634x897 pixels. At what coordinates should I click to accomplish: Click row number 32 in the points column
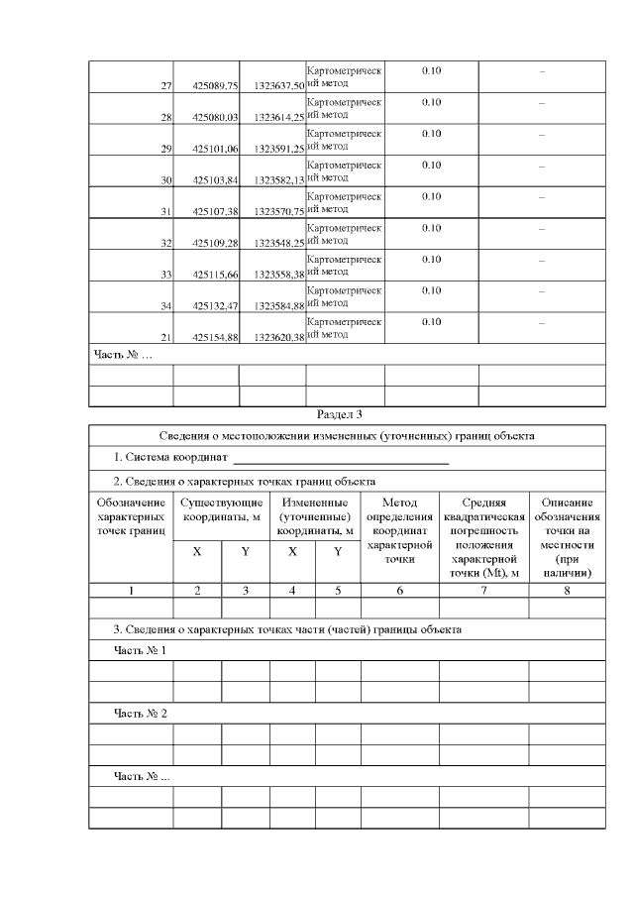click(166, 243)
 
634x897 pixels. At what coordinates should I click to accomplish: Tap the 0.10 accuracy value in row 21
click(431, 322)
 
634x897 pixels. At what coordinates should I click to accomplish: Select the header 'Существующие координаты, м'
click(221, 510)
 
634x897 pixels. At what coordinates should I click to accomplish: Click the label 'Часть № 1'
click(140, 650)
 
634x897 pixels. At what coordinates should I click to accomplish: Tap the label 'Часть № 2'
click(140, 714)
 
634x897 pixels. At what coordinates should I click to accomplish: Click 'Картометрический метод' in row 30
click(344, 171)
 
